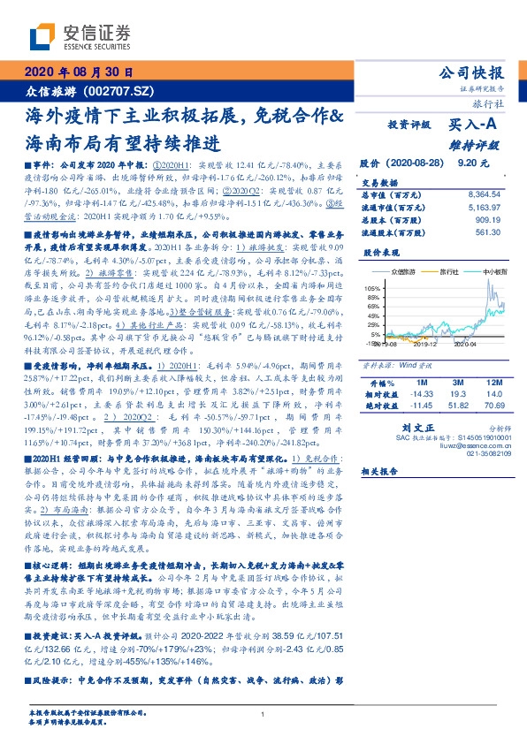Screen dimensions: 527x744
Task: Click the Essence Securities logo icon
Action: (x=42, y=37)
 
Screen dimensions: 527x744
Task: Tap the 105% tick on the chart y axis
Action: (x=372, y=289)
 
